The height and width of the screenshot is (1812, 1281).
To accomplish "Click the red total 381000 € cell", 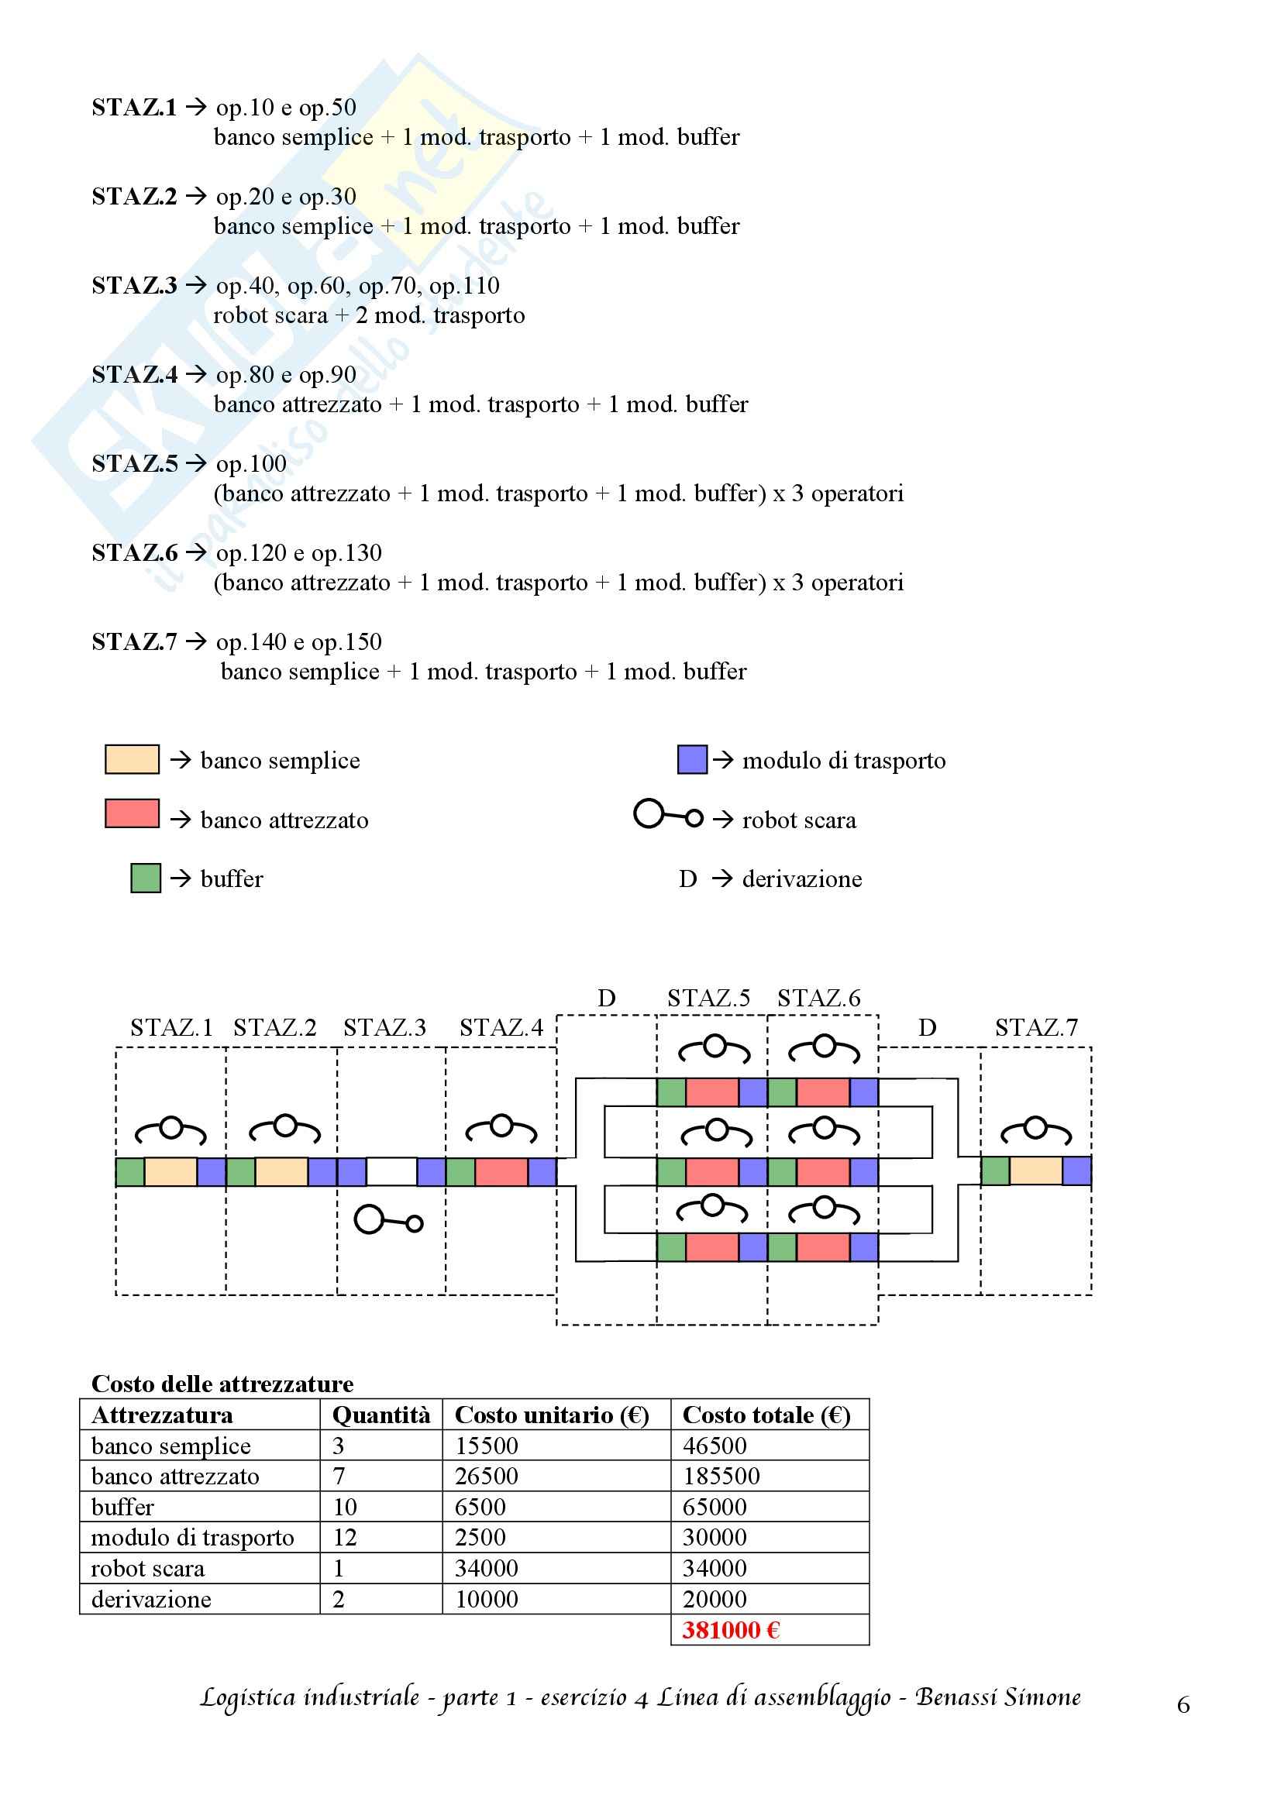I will tap(731, 1630).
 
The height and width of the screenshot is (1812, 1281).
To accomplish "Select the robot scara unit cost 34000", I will tap(486, 1568).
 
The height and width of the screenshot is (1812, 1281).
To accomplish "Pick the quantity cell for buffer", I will tap(345, 1507).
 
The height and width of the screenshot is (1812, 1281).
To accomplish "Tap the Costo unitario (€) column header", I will tap(552, 1415).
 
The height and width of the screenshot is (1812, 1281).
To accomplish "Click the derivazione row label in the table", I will tap(152, 1599).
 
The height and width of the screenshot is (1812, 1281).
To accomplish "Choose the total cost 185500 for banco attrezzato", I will tap(721, 1476).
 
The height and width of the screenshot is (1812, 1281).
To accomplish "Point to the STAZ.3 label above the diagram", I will tap(384, 1027).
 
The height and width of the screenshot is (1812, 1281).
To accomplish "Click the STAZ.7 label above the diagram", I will tap(1035, 1027).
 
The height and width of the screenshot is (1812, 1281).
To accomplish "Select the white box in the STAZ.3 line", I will tap(391, 1171).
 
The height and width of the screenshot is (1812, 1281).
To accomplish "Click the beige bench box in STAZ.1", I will tap(170, 1172).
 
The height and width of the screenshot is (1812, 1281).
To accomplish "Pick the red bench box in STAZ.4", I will tap(501, 1172).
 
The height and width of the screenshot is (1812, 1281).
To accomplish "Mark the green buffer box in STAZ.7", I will tap(995, 1171).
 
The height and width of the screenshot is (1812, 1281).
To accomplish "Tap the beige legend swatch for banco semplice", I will tap(132, 759).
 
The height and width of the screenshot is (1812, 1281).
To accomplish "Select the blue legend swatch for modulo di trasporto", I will tap(692, 759).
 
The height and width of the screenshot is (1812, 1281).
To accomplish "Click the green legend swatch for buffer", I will tap(146, 878).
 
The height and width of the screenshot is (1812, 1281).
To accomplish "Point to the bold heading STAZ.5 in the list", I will tap(135, 464).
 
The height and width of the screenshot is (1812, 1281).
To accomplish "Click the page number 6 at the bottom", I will tap(1183, 1705).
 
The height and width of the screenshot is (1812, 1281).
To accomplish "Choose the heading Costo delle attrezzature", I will tap(222, 1384).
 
